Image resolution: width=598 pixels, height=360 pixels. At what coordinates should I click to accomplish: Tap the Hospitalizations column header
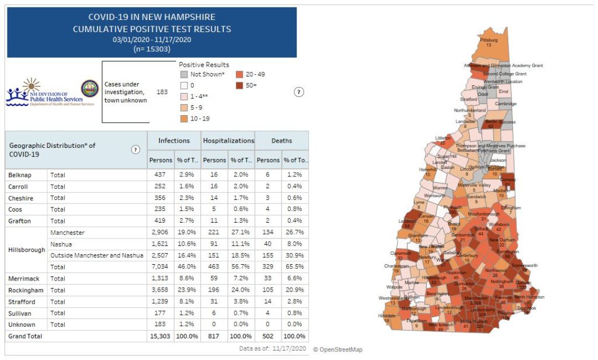coord(228,141)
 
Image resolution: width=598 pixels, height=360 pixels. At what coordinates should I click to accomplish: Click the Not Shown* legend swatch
coord(183,74)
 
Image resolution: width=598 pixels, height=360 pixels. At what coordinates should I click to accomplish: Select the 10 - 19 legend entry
coord(201,119)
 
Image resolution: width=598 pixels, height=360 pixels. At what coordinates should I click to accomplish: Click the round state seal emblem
coord(89,89)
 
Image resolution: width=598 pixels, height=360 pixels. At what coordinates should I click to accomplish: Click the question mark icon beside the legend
coord(299,92)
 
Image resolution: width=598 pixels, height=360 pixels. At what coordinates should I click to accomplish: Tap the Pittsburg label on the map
coord(488,40)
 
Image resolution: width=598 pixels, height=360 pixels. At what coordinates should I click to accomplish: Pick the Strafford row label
coord(22,302)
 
